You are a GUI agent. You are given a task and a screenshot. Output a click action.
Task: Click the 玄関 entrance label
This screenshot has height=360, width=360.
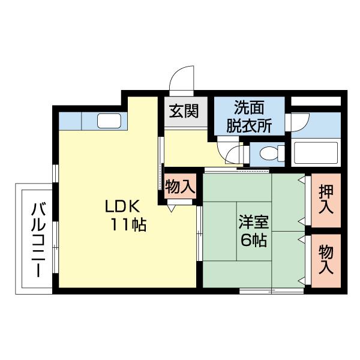(x=184, y=112)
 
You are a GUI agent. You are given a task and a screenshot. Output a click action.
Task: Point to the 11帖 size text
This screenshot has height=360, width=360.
(x=128, y=226)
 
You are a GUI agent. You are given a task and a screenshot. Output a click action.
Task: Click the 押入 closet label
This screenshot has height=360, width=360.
(x=326, y=200)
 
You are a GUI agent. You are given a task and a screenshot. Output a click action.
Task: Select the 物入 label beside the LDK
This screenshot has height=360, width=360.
(x=180, y=187)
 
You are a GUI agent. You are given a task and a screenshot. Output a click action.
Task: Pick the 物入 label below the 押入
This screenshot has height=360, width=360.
(x=326, y=259)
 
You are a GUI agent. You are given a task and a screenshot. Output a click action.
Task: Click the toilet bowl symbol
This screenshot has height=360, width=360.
(x=268, y=154)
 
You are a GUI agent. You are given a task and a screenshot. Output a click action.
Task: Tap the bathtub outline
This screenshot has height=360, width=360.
(x=316, y=153)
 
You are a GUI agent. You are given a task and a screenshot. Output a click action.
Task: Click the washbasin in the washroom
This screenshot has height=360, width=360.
(x=297, y=122)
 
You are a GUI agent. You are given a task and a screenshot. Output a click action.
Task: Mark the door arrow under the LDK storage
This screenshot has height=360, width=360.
(x=172, y=208)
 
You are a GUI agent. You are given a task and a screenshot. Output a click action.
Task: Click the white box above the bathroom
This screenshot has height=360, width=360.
(x=316, y=100)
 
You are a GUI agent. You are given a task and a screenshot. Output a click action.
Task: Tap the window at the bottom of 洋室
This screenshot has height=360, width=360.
(x=271, y=291)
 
